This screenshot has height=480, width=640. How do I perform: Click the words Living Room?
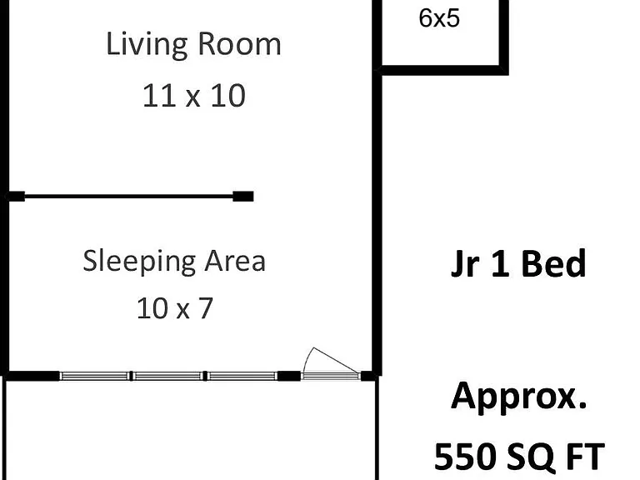coord(193,45)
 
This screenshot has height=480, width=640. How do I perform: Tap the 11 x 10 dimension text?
coord(194,96)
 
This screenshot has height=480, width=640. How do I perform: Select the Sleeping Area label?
coord(174,261)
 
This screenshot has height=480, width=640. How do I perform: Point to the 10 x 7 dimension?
coord(175,308)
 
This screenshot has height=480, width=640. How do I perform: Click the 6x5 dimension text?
coord(439,18)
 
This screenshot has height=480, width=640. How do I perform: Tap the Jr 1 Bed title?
coord(518,264)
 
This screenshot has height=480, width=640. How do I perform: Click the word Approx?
coord(519,397)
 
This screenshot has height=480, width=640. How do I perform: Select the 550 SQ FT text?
coord(519,457)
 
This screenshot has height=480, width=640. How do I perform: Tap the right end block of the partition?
coord(243,197)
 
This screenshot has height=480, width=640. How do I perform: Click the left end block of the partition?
coord(17,197)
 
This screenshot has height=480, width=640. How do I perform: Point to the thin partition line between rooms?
coord(128,197)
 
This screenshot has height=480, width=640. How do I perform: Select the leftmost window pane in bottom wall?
coord(94,376)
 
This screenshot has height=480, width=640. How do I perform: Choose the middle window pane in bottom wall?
coord(167,376)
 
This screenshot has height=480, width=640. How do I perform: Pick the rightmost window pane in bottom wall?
coord(242,376)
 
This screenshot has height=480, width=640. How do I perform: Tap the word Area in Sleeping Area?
coord(235,261)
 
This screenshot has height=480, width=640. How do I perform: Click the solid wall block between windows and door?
coord(289,376)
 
